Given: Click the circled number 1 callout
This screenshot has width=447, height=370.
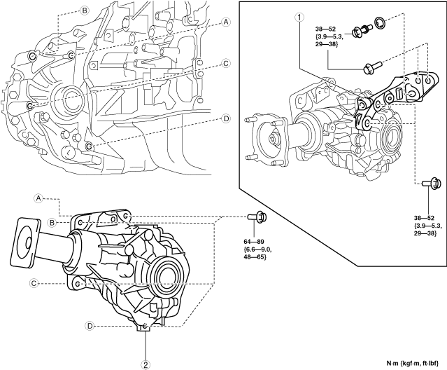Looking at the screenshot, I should point(299,16).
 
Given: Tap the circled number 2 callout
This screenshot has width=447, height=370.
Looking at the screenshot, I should point(146,363).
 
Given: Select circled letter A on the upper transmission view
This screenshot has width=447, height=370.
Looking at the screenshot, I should point(225,22).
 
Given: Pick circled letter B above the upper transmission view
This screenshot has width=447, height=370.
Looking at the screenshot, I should point(85,11).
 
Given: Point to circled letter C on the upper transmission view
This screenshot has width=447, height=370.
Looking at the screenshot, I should point(225,62).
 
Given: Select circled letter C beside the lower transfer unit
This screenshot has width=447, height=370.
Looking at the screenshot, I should point(33,283).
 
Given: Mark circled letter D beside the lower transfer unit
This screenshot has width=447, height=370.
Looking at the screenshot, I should point(90,326).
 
